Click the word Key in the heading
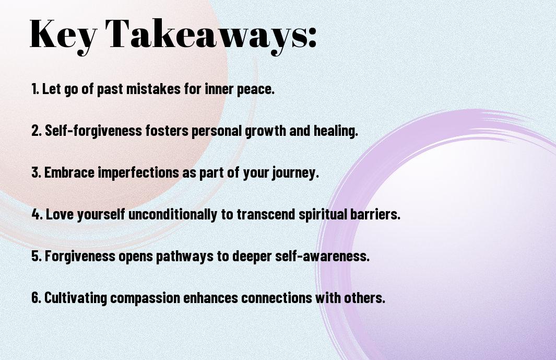(63, 35)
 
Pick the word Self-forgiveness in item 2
(93, 131)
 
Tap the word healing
(336, 131)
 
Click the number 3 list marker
(36, 172)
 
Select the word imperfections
(138, 173)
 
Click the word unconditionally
(173, 214)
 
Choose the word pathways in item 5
(185, 257)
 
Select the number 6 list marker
(36, 297)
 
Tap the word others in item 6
(365, 297)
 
